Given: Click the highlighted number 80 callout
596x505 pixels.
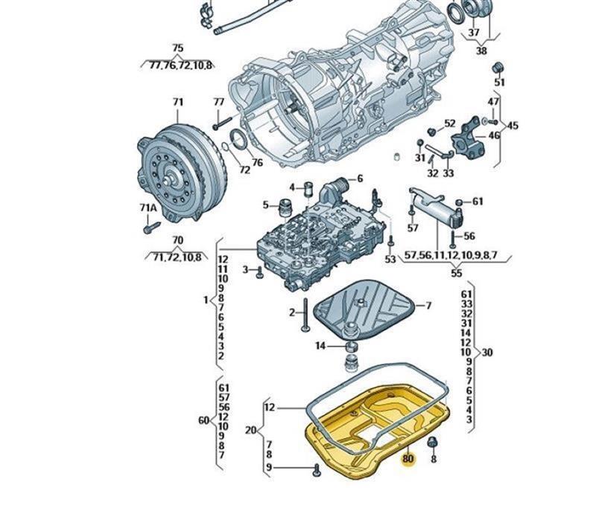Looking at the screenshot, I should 408,459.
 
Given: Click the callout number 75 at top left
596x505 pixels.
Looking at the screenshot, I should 177,48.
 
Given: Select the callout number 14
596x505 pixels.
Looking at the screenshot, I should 320,346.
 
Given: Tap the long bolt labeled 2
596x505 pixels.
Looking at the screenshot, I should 305,320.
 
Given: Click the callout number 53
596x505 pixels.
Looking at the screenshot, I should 390,260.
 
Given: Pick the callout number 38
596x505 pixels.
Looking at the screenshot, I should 481,51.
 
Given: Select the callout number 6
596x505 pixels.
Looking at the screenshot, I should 359,178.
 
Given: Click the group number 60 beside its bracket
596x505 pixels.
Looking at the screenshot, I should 203,420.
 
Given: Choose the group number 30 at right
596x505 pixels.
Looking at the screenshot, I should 487,352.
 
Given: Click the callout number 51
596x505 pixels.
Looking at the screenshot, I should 499,83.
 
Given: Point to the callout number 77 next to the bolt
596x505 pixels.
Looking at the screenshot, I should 218,102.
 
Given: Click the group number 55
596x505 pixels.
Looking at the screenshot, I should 457,273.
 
